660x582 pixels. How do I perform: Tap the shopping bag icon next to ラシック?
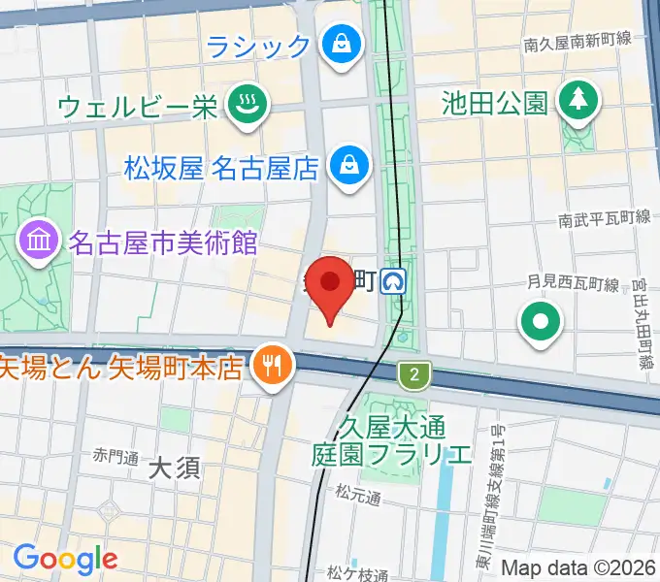coord(341,45)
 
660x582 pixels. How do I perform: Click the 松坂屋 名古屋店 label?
coord(222,169)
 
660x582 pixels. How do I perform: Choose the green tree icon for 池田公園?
coord(577,100)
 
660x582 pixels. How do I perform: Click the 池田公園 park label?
coord(494,102)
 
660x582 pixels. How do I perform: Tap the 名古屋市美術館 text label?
coord(163,241)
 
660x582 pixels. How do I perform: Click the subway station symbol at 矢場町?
coord(395,282)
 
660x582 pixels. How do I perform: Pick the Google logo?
coord(65,558)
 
